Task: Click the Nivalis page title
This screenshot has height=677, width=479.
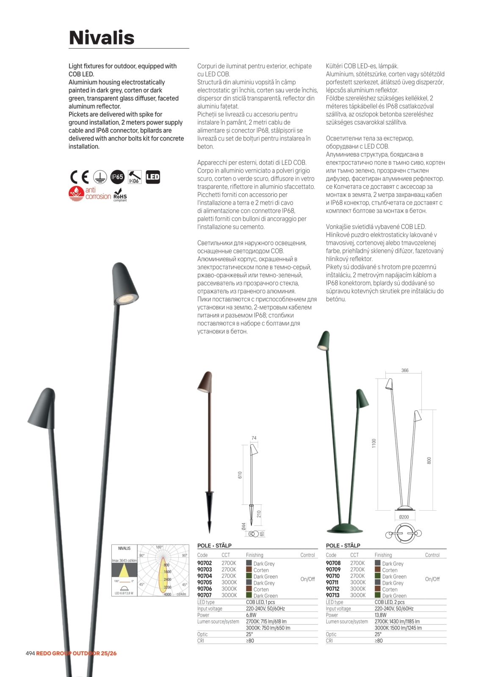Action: (x=102, y=38)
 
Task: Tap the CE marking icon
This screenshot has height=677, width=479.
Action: (x=79, y=177)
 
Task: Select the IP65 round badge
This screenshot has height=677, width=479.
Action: (x=117, y=177)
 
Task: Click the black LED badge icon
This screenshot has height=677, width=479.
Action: (x=152, y=177)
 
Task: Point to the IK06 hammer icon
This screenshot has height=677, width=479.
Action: (x=135, y=177)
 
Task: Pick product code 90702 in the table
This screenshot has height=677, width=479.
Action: (x=205, y=563)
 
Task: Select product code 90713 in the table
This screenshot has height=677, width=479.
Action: (x=333, y=595)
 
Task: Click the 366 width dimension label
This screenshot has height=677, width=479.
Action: (x=405, y=370)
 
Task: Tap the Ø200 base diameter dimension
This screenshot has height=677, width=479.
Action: (x=404, y=517)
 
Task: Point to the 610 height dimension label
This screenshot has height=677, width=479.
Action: (x=240, y=475)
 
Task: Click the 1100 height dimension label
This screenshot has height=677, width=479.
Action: (x=374, y=443)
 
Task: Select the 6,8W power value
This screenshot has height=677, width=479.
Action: (x=251, y=615)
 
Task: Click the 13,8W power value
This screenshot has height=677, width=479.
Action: (x=380, y=615)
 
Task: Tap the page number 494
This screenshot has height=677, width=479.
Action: (x=30, y=653)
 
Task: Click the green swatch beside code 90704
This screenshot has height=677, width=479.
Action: (x=249, y=576)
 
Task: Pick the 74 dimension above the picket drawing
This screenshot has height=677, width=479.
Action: (x=254, y=438)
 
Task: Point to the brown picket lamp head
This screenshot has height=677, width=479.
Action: (x=205, y=381)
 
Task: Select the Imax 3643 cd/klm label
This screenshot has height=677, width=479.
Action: (x=124, y=561)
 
